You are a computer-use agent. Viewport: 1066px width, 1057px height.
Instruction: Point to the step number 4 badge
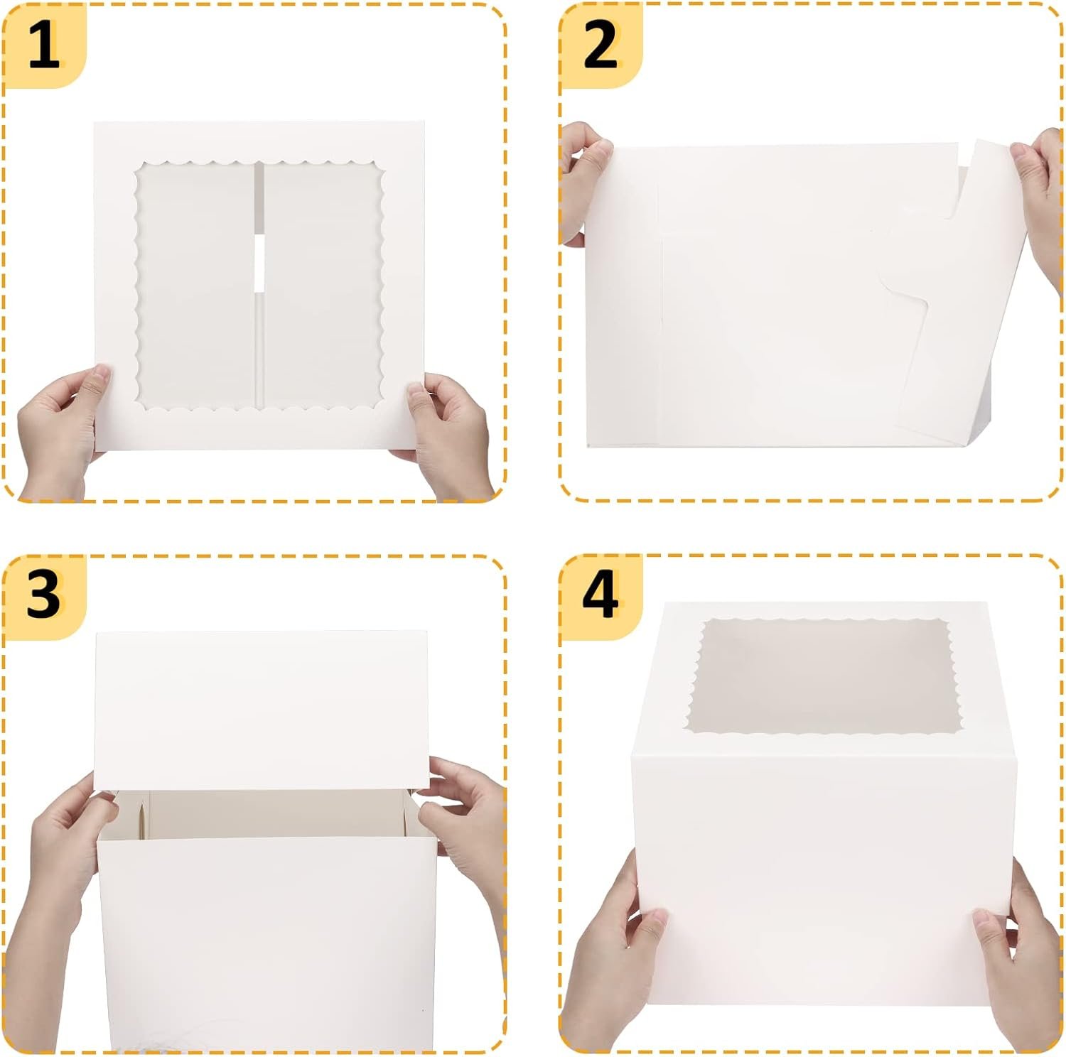pos(600,595)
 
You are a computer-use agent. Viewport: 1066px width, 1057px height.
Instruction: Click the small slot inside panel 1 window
pos(259,263)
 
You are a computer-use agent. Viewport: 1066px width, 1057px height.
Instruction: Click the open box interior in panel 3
pos(270,813)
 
